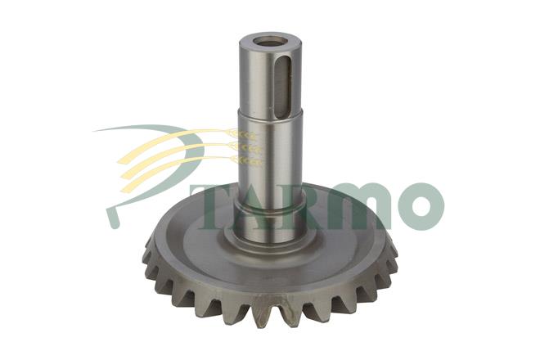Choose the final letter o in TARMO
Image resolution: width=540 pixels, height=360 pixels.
point(419,207)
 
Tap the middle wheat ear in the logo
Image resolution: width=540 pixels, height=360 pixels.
point(246,147)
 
